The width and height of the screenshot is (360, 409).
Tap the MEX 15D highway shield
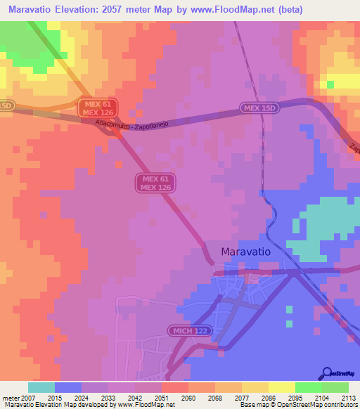pyautogui.click(x=259, y=108)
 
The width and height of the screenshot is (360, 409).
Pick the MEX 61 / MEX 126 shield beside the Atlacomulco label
pyautogui.click(x=98, y=108)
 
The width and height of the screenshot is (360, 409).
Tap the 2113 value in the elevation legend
pyautogui.click(x=347, y=398)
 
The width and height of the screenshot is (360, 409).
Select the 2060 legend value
pyautogui.click(x=188, y=398)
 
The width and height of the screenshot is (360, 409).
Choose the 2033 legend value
pyautogui.click(x=109, y=398)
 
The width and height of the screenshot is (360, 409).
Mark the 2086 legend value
pyautogui.click(x=268, y=398)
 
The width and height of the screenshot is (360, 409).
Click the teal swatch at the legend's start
pyautogui.click(x=41, y=387)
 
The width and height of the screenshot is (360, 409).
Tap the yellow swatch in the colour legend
pyautogui.click(x=281, y=387)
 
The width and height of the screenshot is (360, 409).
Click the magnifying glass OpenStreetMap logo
pyautogui.click(x=327, y=374)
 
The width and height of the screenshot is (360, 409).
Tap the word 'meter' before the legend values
pyautogui.click(x=11, y=398)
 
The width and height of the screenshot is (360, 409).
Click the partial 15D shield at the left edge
pyautogui.click(x=6, y=105)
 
